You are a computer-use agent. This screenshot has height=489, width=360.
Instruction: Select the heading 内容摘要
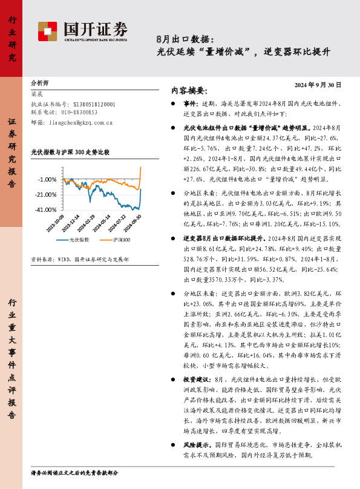(x=189, y=91)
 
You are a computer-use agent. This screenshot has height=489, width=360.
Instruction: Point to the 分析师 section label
(x=39, y=82)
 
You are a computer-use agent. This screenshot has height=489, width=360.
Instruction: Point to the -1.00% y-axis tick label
(x=47, y=180)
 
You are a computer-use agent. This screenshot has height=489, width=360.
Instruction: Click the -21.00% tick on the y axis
(x=45, y=194)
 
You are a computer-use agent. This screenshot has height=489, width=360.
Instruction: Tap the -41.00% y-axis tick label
(x=45, y=209)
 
